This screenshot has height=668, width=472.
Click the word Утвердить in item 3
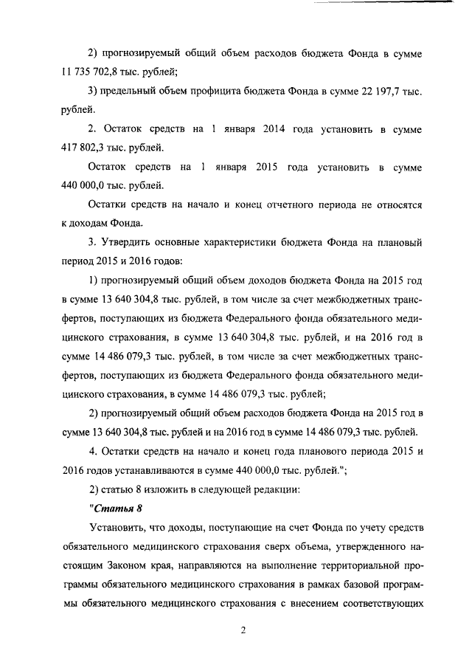pos(130,243)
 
